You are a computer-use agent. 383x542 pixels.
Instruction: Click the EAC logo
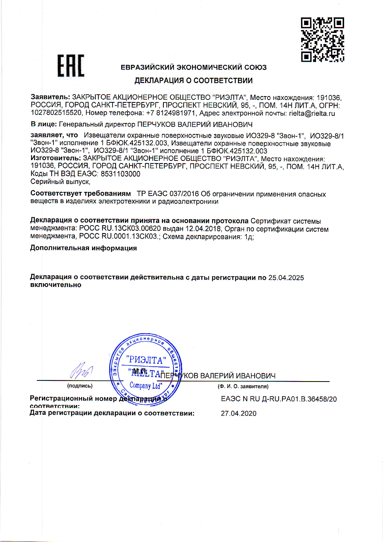point(71,66)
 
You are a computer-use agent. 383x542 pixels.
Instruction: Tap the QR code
point(322,39)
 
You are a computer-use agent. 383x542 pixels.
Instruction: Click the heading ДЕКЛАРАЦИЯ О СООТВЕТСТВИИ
point(193,80)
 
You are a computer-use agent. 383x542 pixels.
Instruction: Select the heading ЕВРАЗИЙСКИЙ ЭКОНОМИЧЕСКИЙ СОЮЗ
point(193,67)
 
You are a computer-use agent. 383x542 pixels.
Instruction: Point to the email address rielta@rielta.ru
point(312,113)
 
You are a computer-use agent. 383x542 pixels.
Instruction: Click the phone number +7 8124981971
point(171,113)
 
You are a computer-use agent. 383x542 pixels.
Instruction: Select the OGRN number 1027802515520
point(56,113)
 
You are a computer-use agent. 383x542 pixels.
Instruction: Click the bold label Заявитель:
point(50,97)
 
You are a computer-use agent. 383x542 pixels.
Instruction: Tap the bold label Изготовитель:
point(55,158)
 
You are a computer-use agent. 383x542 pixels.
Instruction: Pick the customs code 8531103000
point(120,174)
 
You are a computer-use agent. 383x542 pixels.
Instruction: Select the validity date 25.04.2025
point(286,278)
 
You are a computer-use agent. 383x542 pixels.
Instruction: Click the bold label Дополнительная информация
point(83,248)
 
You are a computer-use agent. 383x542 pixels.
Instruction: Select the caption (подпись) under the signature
point(80,386)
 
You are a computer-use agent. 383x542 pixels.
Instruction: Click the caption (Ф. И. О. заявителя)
point(243,386)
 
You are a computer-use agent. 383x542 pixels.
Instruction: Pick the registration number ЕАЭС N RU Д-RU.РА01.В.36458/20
point(279,399)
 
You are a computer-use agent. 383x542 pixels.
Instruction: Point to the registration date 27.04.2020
point(239,413)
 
